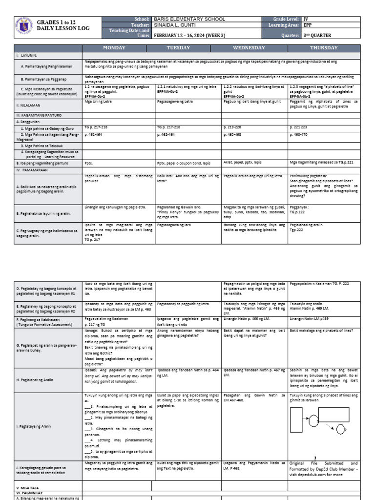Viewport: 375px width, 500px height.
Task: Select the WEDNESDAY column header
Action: pos(249,48)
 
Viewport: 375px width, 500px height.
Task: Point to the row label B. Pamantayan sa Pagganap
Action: pos(45,78)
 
